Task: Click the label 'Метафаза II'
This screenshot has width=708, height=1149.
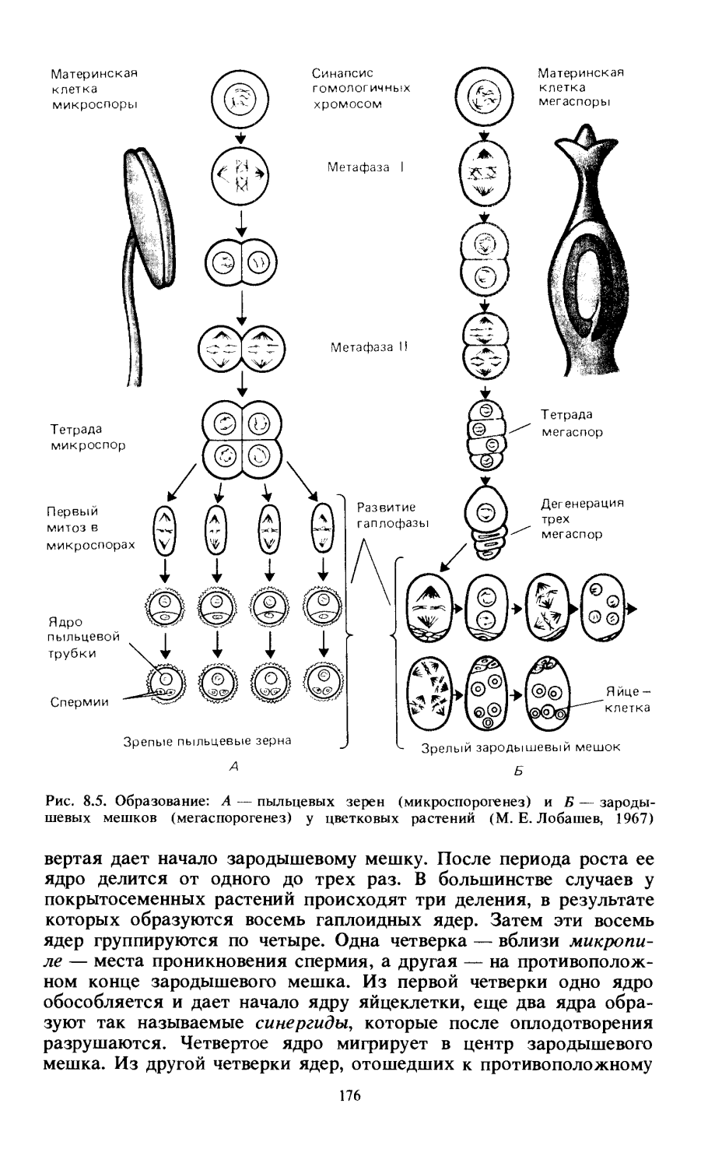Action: pos(368,347)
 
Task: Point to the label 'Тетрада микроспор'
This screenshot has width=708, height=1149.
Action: pos(88,437)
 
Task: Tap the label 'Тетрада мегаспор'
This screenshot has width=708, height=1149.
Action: pos(572,423)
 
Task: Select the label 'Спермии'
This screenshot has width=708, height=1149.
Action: pos(79,701)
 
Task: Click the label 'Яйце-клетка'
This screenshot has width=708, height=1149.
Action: pos(629,700)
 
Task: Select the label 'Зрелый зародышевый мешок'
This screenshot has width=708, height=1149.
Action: pos(520,747)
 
